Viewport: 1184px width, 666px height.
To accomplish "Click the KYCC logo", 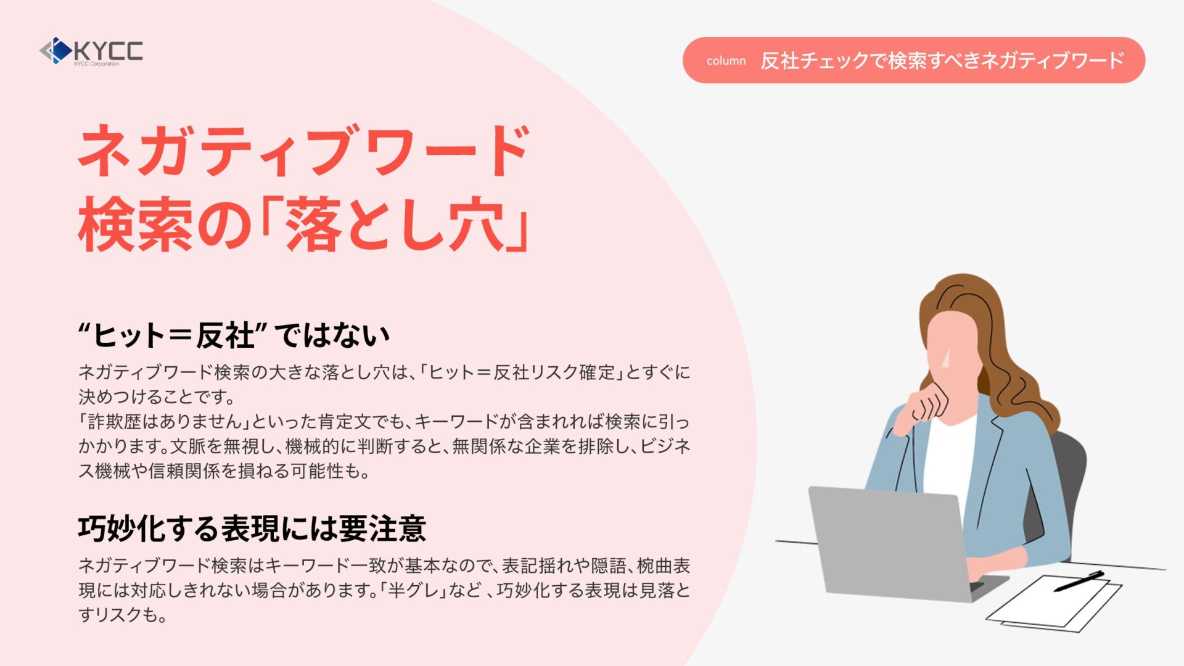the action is point(91,51).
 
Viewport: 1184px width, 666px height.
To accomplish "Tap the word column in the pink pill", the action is point(726,61).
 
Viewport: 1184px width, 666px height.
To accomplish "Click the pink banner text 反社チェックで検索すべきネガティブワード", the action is point(942,60).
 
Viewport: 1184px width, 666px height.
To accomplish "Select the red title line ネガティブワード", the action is point(304,150).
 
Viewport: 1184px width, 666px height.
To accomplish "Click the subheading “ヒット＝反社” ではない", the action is point(234,335).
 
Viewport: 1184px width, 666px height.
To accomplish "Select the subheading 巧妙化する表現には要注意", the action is point(252,528).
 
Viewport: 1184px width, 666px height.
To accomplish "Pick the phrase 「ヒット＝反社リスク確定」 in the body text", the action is point(522,372).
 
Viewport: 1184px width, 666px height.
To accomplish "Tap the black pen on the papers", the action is point(1079,581).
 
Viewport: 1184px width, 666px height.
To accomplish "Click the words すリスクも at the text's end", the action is point(122,615).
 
